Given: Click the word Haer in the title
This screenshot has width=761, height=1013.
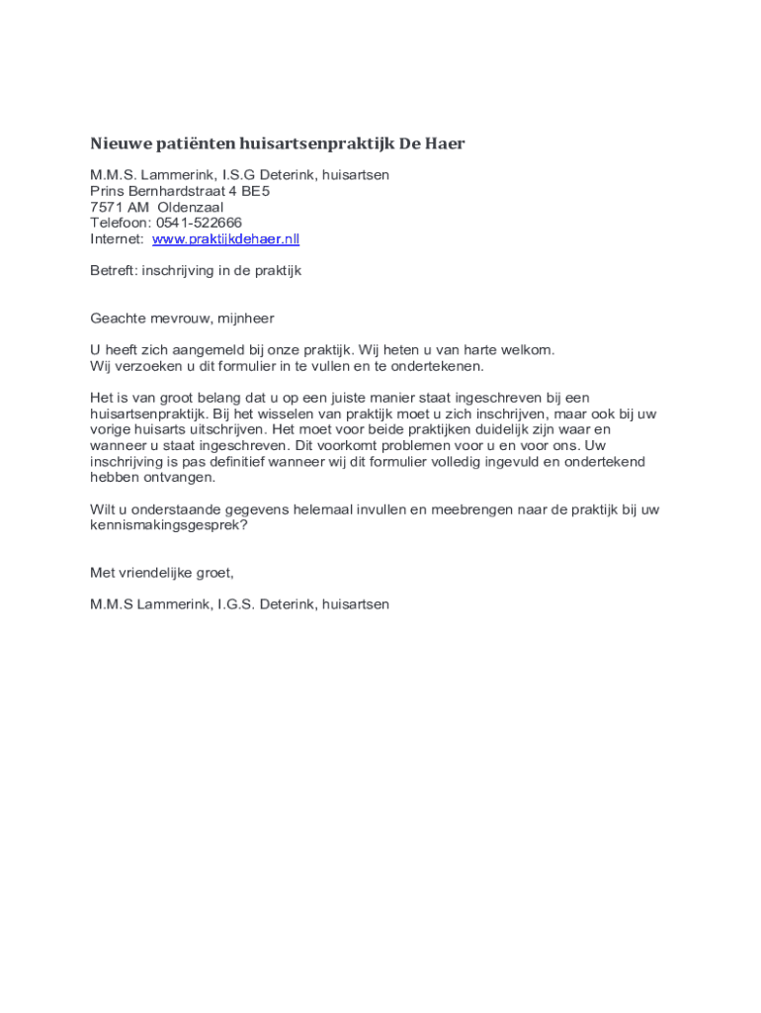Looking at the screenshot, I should (x=445, y=144).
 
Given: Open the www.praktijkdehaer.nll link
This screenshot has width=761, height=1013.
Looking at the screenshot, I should (x=225, y=239).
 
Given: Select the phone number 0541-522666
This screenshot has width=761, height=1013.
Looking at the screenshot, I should (x=199, y=224).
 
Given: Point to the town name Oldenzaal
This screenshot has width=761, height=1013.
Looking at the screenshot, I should (x=191, y=208).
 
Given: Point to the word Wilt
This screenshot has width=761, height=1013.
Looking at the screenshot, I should (x=102, y=509).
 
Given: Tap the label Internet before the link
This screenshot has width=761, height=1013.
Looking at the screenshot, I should (x=116, y=239).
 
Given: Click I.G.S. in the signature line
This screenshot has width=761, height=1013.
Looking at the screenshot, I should (x=236, y=604).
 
